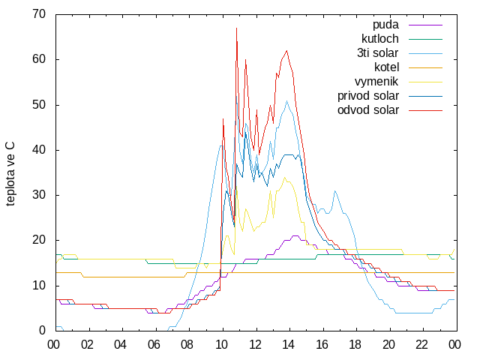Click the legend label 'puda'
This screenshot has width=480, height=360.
coord(385,25)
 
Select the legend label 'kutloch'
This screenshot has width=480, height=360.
coord(380,39)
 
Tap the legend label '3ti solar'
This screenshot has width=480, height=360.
coord(377,53)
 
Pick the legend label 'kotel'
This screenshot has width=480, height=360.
coord(387,67)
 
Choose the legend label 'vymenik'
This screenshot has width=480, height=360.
coord(376,82)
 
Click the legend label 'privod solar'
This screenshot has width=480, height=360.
coord(368,96)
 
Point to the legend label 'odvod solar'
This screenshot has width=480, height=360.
coord(368,110)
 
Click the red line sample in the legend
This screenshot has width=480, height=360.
coord(425,110)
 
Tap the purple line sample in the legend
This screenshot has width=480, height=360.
coord(425,25)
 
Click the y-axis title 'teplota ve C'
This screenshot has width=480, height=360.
coord(10,173)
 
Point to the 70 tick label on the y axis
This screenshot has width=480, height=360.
coord(39,14)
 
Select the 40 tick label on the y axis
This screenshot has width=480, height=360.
coord(39,150)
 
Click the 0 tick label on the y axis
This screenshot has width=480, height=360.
coord(42,330)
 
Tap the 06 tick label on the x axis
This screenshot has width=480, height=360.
coord(154,345)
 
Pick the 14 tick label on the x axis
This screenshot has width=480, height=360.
coord(288,345)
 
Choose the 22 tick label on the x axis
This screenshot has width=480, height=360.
coord(421,345)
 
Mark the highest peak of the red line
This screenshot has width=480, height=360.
coord(237,28)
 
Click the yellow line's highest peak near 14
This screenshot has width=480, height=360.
coord(285,177)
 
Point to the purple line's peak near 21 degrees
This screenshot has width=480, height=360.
coord(295,235)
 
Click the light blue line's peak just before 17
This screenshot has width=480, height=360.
coord(335,190)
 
